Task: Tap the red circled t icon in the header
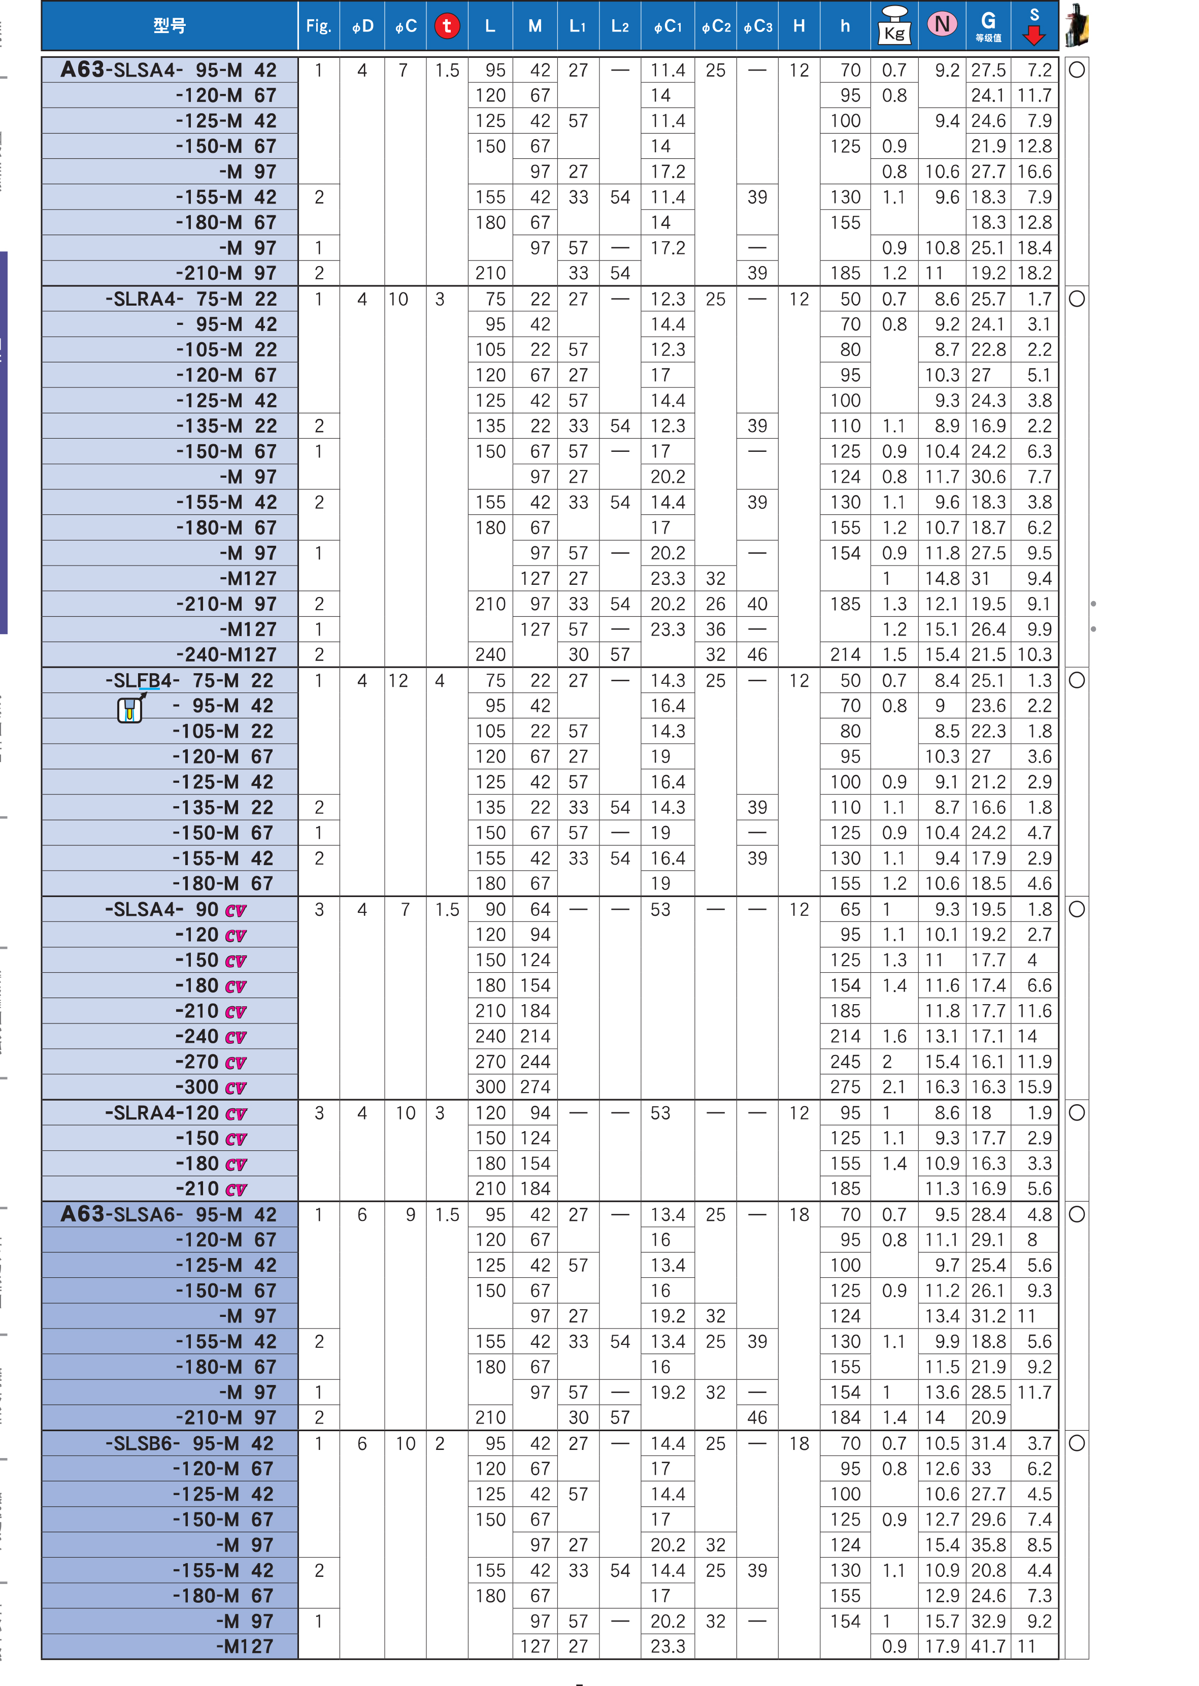pos(447,26)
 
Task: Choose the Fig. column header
pos(318,26)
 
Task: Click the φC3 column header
pos(757,26)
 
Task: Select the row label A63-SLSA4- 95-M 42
pos(169,70)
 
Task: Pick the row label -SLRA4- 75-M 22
pos(190,299)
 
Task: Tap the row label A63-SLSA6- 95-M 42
pos(169,1214)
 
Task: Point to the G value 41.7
pos(988,1646)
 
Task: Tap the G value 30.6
pos(988,477)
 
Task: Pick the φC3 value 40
pos(757,604)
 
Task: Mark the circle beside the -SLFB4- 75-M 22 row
pos(1077,680)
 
